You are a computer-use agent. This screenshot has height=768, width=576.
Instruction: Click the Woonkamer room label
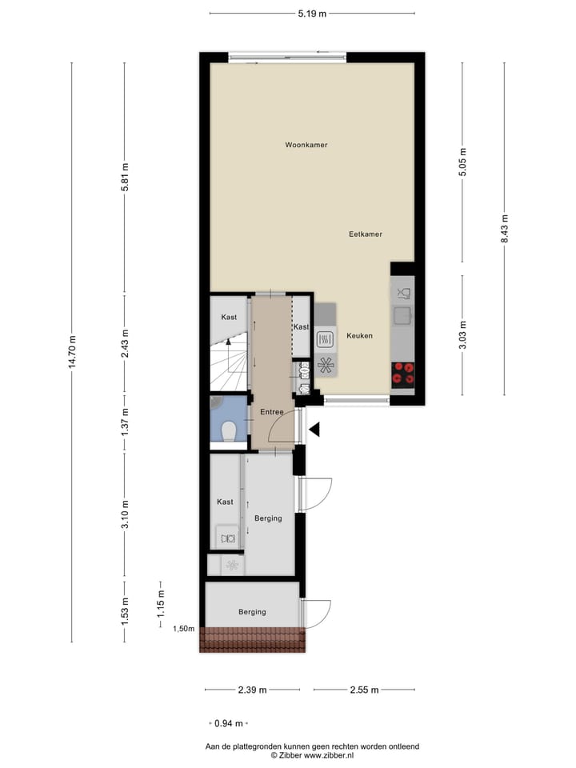point(306,145)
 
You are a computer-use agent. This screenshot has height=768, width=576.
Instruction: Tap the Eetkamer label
point(365,234)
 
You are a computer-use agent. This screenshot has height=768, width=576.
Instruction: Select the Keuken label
point(359,336)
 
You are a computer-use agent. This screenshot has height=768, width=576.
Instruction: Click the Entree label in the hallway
point(272,412)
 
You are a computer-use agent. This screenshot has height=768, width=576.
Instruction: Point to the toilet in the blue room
point(229,432)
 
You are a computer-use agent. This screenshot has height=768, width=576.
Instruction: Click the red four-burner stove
point(402,374)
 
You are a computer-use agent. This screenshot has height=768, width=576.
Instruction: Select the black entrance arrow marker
point(314,430)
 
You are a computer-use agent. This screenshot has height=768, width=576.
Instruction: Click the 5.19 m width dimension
point(312,14)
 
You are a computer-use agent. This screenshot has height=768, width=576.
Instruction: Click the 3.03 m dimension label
point(462,334)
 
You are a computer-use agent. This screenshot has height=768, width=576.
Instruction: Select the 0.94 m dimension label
point(229,723)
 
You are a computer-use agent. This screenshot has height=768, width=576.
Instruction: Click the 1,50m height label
point(183,629)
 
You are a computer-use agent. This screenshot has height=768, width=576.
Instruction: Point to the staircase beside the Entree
point(229,356)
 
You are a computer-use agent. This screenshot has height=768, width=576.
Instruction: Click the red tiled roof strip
point(253,639)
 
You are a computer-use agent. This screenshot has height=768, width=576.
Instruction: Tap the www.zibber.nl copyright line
point(312,754)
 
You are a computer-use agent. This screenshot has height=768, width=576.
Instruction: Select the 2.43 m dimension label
point(124,343)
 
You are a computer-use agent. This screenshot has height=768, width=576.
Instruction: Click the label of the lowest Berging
point(252,612)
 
